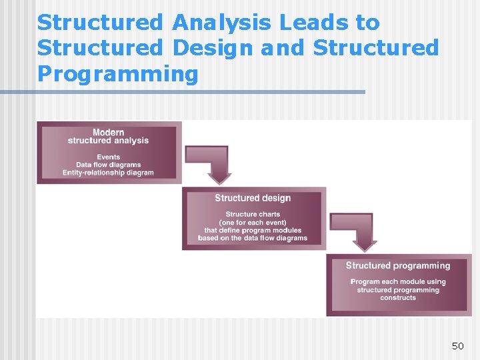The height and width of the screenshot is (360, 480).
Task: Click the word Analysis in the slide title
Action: pos(221,22)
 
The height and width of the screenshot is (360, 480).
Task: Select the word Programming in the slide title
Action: pos(118,74)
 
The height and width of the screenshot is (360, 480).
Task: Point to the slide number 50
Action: pos(457,346)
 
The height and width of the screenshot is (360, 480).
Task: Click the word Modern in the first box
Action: pos(108,132)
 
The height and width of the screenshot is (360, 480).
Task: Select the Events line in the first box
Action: pos(108,157)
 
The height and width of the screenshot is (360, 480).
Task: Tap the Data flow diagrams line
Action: pos(108,165)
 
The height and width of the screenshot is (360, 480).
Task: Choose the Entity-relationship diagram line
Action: pos(108,173)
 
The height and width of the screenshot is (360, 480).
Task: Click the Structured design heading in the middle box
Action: pos(253,198)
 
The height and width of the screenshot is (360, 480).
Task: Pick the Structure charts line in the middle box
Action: pos(253,215)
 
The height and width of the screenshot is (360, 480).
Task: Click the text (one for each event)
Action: pos(253,223)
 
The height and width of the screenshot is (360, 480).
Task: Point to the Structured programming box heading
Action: pos(398,265)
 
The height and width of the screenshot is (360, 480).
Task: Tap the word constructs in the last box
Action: pos(398,298)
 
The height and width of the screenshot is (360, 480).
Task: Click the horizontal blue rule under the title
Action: pos(200,92)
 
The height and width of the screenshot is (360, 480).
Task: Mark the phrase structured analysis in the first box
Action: pos(108,141)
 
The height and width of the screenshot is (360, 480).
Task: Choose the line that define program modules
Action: pos(253,231)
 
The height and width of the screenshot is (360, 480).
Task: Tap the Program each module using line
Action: pos(398,282)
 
